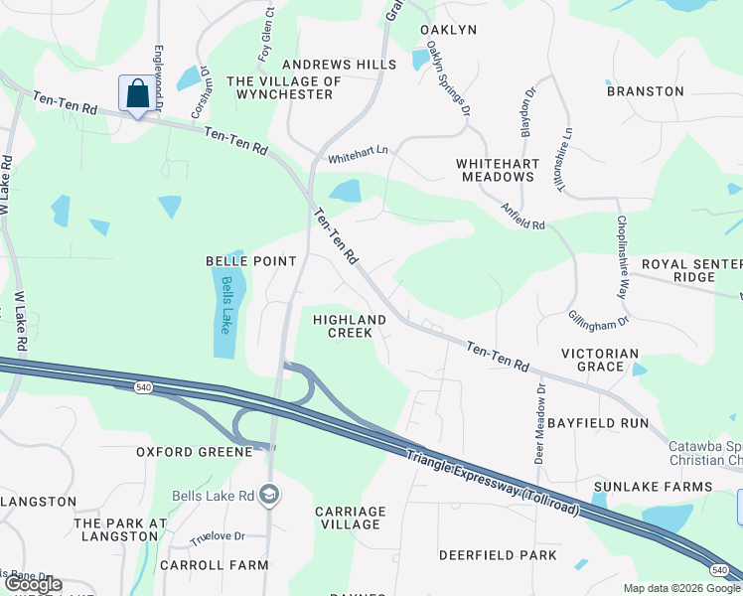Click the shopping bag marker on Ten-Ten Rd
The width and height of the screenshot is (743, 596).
137,94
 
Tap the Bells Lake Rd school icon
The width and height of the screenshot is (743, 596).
268,495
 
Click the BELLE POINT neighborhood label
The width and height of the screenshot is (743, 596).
250,261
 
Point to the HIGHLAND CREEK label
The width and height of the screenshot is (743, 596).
350,326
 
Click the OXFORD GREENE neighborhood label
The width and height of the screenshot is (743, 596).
195,452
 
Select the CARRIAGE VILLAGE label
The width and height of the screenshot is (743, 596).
350,518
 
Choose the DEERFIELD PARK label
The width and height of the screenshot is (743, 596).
499,555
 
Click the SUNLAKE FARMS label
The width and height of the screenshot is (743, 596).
653,487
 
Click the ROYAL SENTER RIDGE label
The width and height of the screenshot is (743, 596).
691,270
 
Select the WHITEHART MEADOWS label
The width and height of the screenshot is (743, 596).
497,170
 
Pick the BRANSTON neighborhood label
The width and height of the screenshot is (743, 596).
646,91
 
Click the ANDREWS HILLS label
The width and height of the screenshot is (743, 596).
340,65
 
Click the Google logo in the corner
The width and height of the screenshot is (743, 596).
32,585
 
